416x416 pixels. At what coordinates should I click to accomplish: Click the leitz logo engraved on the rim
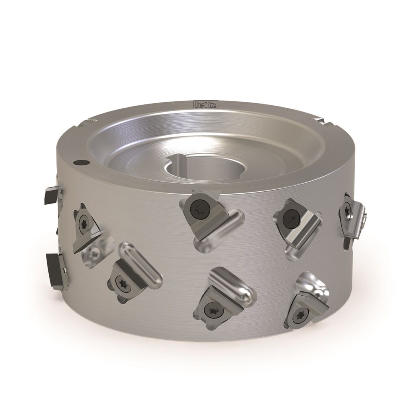click(x=206, y=104)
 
